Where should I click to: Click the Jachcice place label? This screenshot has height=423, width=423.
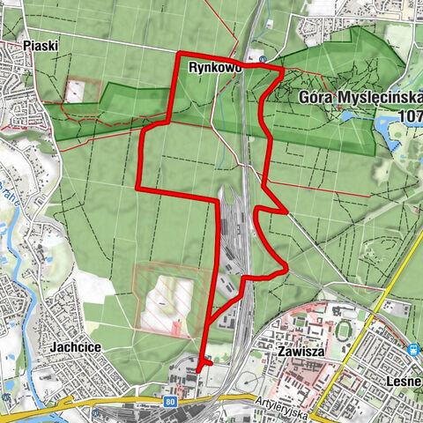click(76, 348)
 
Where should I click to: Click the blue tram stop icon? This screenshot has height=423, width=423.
click(415, 349)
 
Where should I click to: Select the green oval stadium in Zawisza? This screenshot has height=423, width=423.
click(343, 330)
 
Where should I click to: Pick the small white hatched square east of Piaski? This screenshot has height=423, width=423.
click(76, 90)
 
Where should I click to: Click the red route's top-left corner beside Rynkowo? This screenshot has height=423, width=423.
click(180, 56)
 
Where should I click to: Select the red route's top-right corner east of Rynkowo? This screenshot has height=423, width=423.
click(282, 69)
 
